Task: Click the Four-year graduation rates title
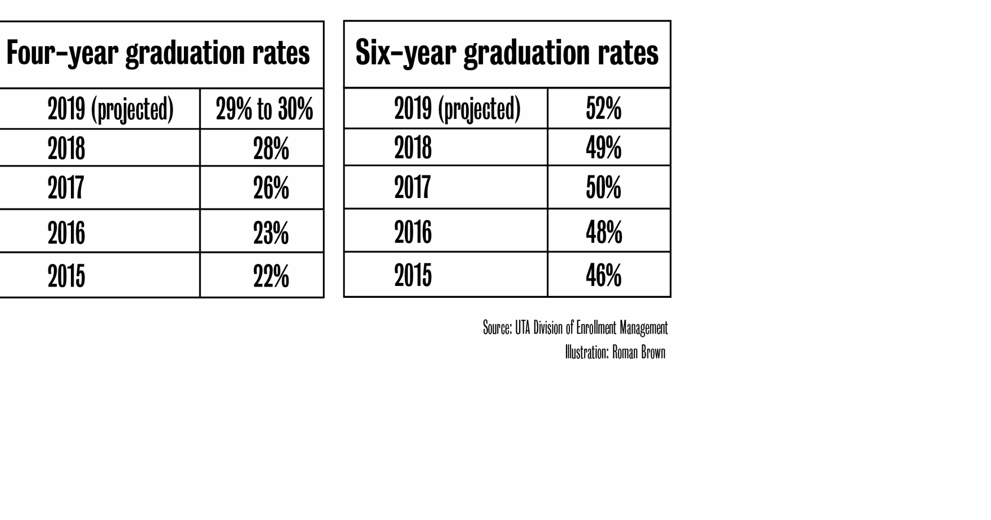click(x=158, y=53)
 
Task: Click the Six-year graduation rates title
click(x=507, y=53)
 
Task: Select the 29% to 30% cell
click(x=264, y=109)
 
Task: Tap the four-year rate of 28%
click(x=271, y=148)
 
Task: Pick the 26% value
click(x=271, y=188)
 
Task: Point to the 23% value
click(x=271, y=232)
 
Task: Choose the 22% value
click(x=271, y=276)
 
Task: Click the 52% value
click(x=604, y=109)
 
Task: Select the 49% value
click(x=604, y=148)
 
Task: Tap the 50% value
click(x=604, y=187)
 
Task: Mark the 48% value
click(x=604, y=232)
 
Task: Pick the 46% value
click(x=604, y=275)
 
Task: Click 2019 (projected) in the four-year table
click(x=111, y=109)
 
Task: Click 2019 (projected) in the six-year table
click(x=457, y=109)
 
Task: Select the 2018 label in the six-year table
click(x=413, y=148)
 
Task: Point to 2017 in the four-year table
click(x=66, y=188)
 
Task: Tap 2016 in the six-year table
click(x=413, y=232)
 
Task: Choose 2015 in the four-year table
click(x=66, y=276)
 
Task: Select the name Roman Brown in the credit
click(x=639, y=353)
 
